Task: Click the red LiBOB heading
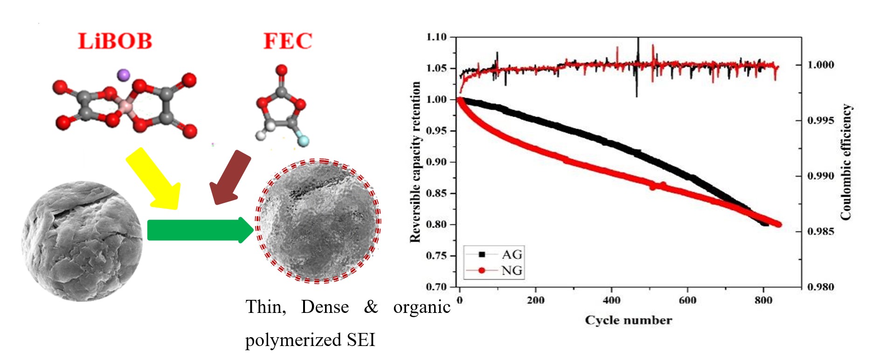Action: [115, 41]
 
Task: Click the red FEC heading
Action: [287, 41]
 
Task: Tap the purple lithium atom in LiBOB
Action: [124, 74]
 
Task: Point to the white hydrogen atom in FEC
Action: [261, 136]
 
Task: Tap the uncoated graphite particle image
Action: [82, 241]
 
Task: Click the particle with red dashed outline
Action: [318, 221]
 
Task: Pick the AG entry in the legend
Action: [511, 255]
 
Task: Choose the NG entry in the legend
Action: [511, 270]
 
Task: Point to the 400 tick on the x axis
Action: [611, 300]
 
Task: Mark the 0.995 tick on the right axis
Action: [821, 120]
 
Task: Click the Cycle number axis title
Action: [628, 320]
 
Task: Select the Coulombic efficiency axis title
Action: [846, 162]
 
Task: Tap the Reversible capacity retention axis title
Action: [415, 162]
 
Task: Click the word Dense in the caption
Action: [325, 307]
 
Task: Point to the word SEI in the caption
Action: [361, 340]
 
